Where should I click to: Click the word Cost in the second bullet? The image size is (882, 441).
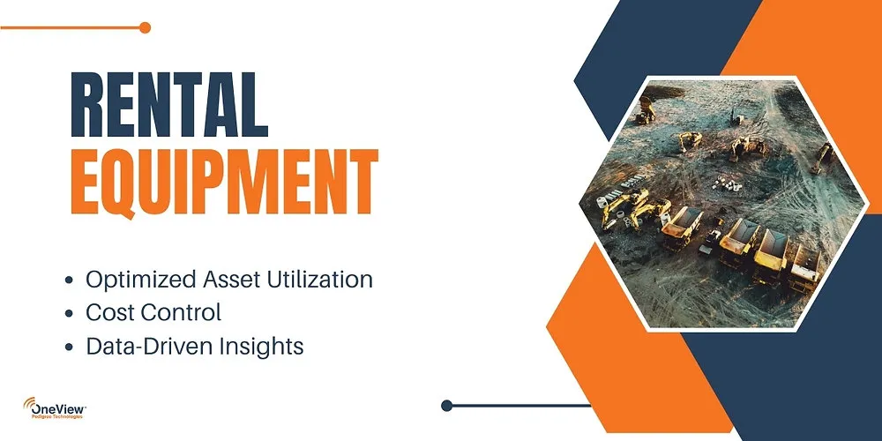[x=108, y=312]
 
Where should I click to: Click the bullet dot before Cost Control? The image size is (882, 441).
[x=70, y=314]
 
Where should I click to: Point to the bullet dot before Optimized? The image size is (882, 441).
[x=70, y=281]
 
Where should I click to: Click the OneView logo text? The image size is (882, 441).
[x=60, y=407]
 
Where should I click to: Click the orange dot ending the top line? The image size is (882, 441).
[x=145, y=27]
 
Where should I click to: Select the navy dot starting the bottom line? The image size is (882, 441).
[x=446, y=406]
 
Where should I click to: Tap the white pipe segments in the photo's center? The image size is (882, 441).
[x=727, y=183]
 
